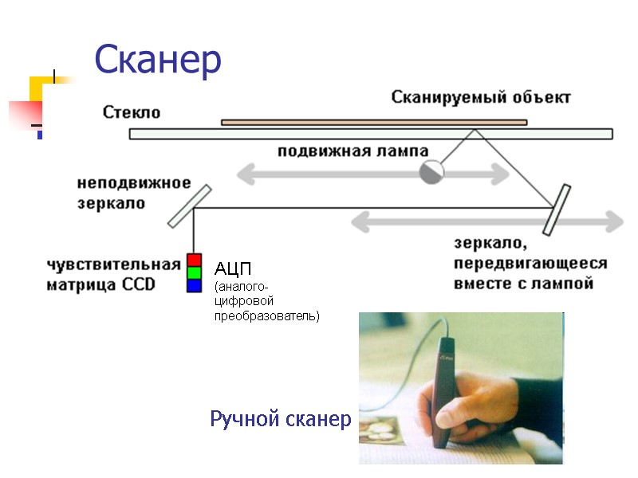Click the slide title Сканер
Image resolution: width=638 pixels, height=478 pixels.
tap(157, 59)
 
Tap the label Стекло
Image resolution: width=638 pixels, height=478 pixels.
tap(132, 112)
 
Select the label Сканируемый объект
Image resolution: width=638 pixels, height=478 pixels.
tap(481, 97)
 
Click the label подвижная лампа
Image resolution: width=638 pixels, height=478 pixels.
tap(352, 151)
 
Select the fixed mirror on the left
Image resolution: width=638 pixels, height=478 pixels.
tap(190, 206)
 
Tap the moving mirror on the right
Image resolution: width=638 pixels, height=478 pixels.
tap(557, 210)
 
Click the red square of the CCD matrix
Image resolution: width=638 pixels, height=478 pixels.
tap(194, 260)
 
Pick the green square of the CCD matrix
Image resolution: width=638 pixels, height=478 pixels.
tap(194, 272)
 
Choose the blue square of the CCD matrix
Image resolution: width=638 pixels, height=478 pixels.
tap(194, 285)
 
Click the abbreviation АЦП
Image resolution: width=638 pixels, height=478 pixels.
tap(233, 268)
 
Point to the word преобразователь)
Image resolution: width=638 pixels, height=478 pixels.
tap(266, 316)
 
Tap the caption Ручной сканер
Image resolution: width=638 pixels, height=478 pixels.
tap(280, 419)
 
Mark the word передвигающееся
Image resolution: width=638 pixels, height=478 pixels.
tap(530, 264)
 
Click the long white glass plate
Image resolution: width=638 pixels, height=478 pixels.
tap(371, 134)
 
